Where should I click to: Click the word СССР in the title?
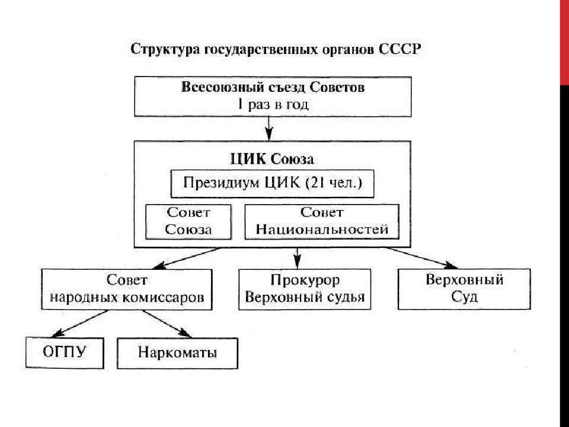coord(398,49)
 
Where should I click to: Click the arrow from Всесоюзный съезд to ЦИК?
coord(270,126)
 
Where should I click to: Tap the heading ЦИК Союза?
coord(271,159)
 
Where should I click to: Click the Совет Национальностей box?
coord(322,221)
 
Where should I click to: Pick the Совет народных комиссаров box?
coord(127,289)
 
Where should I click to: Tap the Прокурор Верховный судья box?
coord(305,289)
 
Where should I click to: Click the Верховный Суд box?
coord(464,289)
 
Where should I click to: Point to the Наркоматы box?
coord(178,353)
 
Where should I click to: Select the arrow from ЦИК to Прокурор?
coord(298,257)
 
